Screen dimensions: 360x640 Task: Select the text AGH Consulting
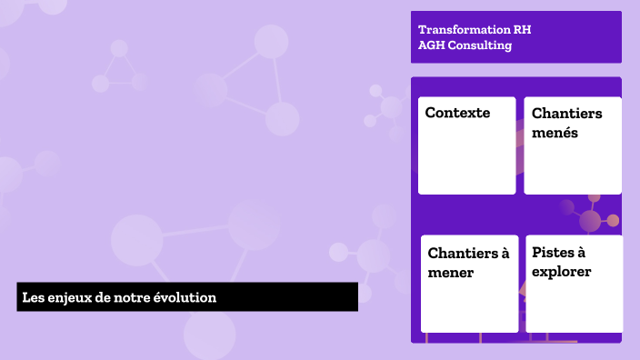coord(465,45)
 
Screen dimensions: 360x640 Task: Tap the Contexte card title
coord(457,113)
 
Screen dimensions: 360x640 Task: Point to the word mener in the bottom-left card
coord(450,272)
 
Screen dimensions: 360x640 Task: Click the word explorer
coord(561,272)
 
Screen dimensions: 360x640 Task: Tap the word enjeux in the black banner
coord(64,297)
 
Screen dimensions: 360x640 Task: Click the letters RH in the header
coord(522,29)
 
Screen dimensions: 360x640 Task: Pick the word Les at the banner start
coord(32,297)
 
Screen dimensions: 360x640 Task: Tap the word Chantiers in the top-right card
coord(566,114)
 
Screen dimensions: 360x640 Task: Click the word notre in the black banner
coord(131,297)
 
